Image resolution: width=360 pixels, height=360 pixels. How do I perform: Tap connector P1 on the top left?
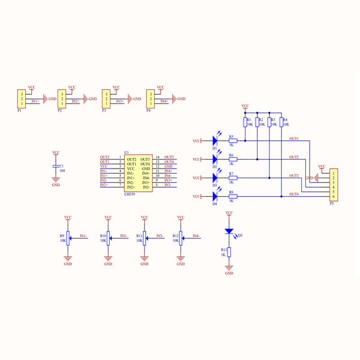(x=21, y=99)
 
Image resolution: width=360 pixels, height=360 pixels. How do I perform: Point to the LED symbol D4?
(x=214, y=197)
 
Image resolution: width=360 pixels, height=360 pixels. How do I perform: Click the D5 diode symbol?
(x=229, y=232)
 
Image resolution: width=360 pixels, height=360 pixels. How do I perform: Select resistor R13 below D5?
(x=229, y=253)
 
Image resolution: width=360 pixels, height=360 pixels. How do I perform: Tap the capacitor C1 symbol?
(x=56, y=165)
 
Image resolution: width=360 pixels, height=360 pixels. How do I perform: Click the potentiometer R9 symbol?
(x=68, y=238)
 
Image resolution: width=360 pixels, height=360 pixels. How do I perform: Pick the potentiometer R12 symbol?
(x=181, y=238)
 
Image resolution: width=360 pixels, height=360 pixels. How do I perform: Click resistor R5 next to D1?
(x=233, y=141)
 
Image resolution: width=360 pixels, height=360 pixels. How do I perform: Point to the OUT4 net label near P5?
(x=294, y=194)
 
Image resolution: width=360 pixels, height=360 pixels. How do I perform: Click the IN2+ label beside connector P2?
(x=76, y=102)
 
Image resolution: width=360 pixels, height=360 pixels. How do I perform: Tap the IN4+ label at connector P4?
(x=164, y=102)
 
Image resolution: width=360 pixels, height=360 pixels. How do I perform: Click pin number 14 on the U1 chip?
(x=157, y=157)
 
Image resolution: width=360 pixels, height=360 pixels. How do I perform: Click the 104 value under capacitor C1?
(x=62, y=170)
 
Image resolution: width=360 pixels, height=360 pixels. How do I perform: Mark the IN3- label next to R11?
(x=160, y=236)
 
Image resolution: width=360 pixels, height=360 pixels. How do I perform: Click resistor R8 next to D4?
(x=233, y=197)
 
